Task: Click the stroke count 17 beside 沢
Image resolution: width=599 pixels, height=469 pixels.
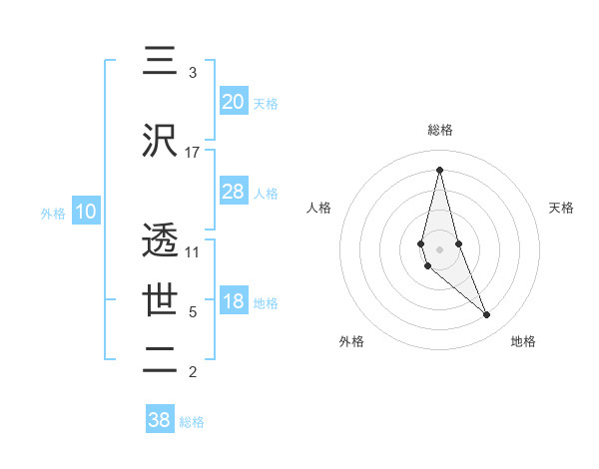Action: (x=193, y=153)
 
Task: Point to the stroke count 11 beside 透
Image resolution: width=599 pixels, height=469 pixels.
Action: (x=193, y=252)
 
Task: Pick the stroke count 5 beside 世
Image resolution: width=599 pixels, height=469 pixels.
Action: (x=193, y=312)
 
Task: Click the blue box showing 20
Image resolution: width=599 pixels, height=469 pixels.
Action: (x=234, y=101)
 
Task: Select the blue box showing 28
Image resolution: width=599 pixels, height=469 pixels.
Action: (x=234, y=192)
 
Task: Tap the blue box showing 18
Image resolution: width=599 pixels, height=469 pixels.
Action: (x=234, y=302)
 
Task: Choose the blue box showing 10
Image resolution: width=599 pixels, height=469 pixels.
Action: (x=86, y=212)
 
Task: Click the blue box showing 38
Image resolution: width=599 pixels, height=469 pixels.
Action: (x=160, y=420)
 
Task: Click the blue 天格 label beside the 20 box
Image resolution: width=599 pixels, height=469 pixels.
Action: (x=266, y=103)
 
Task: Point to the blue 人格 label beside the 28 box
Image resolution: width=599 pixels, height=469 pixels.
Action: (x=266, y=194)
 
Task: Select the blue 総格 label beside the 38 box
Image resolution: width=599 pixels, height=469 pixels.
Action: (x=192, y=422)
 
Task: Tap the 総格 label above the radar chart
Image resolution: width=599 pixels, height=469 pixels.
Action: (x=439, y=130)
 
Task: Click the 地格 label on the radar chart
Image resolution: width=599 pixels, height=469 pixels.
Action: (x=523, y=341)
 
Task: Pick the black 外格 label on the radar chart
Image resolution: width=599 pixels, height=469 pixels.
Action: (x=351, y=341)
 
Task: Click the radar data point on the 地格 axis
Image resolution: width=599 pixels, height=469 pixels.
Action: (x=487, y=315)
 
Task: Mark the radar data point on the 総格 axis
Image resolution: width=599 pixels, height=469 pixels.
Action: (x=439, y=170)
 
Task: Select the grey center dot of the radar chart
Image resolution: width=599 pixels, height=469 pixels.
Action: (x=439, y=248)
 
